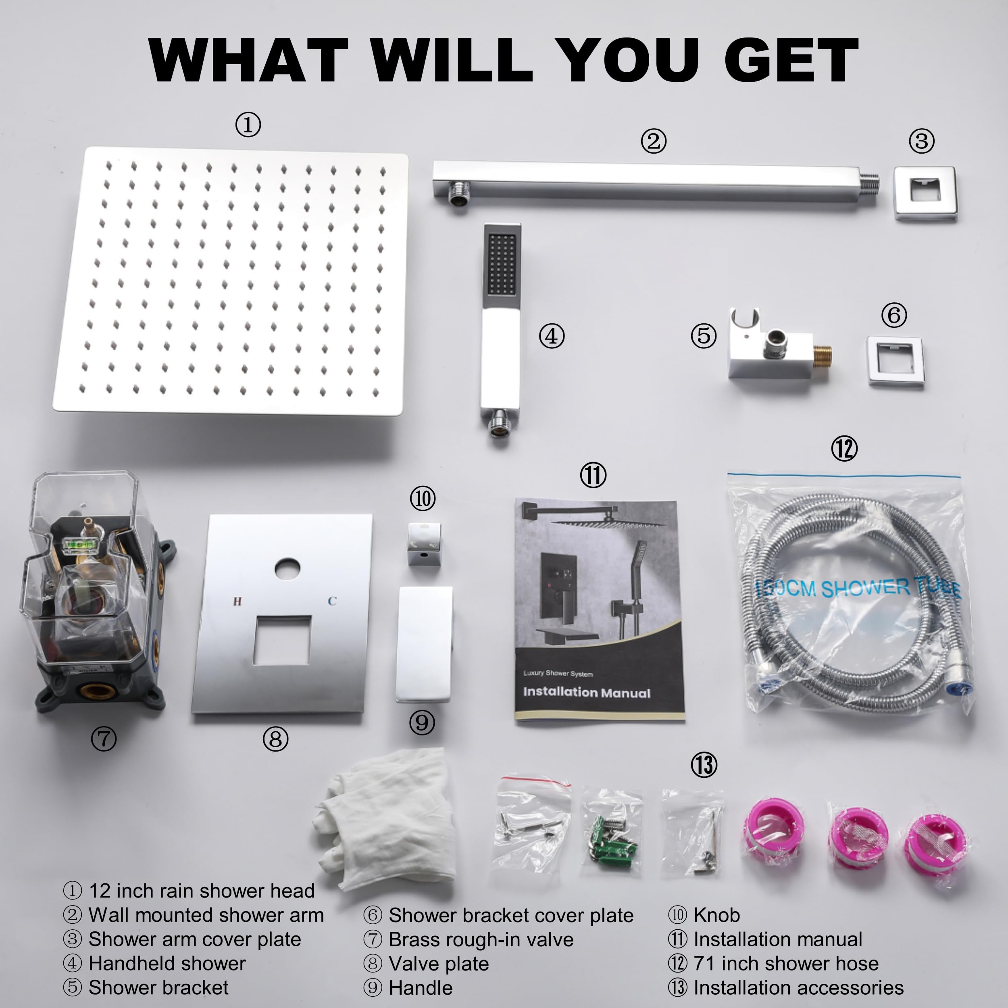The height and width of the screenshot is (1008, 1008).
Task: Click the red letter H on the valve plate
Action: pos(237,602)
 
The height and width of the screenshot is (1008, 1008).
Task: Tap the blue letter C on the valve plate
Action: pos(332,601)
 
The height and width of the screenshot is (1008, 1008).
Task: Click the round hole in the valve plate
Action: pos(287,569)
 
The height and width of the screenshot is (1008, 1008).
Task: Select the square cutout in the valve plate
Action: pos(282,640)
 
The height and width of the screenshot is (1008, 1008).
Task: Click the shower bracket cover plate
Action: pos(895,361)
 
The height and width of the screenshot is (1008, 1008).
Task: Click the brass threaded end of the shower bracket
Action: pos(822,355)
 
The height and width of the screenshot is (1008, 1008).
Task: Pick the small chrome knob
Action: pos(424,545)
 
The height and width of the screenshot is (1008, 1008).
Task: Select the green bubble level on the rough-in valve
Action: pos(76,546)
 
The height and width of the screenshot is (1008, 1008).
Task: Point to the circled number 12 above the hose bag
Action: pos(843,449)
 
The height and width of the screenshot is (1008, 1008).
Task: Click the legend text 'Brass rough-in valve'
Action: pos(481,939)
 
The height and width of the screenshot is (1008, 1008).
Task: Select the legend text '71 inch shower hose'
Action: pos(786,963)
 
